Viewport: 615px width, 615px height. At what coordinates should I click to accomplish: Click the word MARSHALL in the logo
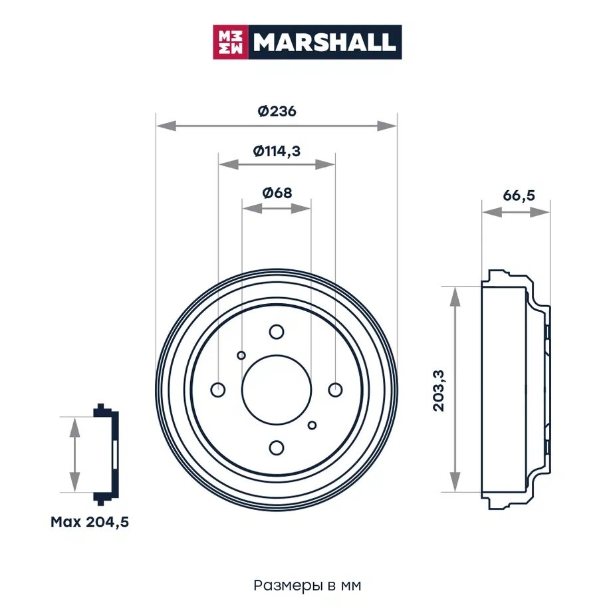tap(324, 43)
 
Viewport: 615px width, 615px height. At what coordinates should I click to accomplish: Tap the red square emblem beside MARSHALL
tap(230, 43)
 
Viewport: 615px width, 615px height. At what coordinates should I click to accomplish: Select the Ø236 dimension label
tap(277, 112)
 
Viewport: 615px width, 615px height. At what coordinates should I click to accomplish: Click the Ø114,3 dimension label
tap(277, 151)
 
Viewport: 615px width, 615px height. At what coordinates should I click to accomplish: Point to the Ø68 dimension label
tap(277, 193)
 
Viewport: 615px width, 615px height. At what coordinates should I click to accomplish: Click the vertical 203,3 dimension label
tap(439, 390)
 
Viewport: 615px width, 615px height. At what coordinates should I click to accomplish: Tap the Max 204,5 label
tap(90, 522)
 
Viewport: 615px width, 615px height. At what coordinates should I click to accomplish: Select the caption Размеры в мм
tap(307, 586)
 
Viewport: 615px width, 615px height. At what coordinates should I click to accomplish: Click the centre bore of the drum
tap(277, 390)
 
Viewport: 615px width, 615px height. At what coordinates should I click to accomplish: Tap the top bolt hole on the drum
tap(277, 331)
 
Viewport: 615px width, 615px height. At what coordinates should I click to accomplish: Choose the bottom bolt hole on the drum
tap(277, 447)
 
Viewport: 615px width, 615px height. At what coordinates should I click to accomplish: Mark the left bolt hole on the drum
tap(218, 389)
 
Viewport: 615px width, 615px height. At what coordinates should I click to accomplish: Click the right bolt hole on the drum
tap(335, 389)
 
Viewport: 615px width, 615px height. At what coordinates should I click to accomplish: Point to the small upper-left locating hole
tap(241, 355)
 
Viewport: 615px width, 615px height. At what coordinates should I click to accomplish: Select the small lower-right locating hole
tap(312, 425)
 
